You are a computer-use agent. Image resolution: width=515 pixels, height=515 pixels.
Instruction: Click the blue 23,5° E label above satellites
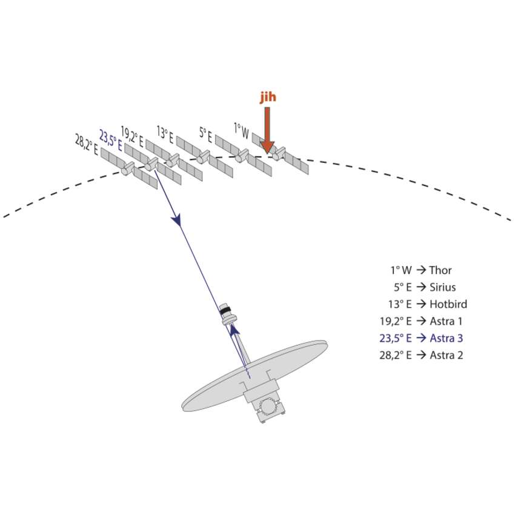pyautogui.click(x=111, y=139)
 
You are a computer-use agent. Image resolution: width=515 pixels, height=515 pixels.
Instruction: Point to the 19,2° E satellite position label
pyautogui.click(x=132, y=136)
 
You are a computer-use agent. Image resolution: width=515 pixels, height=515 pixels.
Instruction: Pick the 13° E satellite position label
pyautogui.click(x=165, y=133)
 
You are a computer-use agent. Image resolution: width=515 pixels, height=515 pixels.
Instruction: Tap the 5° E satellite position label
pyautogui.click(x=205, y=133)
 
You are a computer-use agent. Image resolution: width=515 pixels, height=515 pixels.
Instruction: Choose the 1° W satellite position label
pyautogui.click(x=242, y=130)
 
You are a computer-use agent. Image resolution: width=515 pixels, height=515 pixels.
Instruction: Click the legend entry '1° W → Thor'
pyautogui.click(x=421, y=270)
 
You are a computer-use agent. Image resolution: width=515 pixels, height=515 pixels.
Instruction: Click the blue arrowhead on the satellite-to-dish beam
pyautogui.click(x=177, y=219)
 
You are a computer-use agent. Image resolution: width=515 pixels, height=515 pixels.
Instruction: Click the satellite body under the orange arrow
pyautogui.click(x=277, y=156)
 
